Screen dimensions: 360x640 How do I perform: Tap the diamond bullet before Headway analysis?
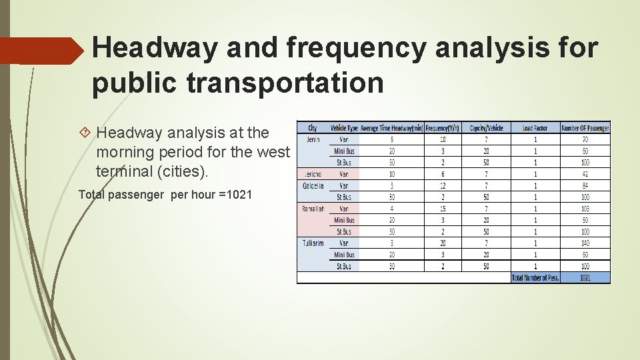(85, 133)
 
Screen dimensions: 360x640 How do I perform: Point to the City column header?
(312, 128)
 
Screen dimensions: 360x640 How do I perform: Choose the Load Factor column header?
(535, 128)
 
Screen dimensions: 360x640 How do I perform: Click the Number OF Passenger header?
(585, 128)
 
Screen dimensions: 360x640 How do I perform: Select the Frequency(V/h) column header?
(443, 128)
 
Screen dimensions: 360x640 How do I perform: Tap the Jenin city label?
(313, 139)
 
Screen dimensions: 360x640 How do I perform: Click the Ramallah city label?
(313, 209)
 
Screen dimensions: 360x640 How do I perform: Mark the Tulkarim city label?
(313, 243)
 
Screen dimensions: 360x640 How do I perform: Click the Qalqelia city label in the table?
(313, 185)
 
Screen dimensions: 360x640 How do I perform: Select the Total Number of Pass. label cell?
(535, 277)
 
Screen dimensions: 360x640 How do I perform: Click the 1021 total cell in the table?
(585, 277)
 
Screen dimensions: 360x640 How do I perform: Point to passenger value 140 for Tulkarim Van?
(585, 243)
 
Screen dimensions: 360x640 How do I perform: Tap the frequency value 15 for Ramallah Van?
(443, 209)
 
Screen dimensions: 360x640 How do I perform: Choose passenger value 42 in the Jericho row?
(585, 174)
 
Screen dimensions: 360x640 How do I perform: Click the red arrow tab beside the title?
(40, 51)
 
